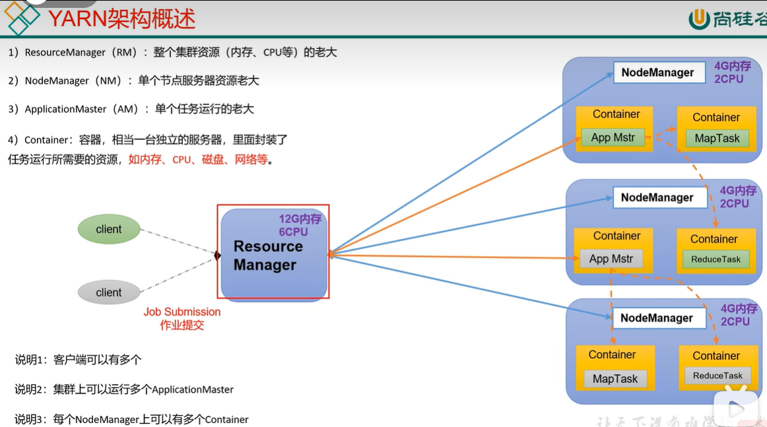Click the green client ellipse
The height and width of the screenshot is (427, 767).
click(109, 230)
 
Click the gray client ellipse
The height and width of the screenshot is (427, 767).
click(109, 292)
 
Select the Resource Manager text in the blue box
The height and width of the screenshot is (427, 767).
click(268, 255)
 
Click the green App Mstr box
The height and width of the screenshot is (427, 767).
click(613, 138)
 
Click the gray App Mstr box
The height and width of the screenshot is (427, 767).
click(611, 259)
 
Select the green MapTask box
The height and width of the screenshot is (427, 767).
click(717, 139)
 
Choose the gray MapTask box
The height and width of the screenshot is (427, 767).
click(615, 379)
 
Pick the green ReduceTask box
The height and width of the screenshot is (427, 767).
click(716, 259)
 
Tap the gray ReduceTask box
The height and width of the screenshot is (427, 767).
click(717, 376)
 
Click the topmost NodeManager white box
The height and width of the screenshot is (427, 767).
click(657, 73)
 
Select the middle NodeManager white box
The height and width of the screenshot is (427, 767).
click(657, 198)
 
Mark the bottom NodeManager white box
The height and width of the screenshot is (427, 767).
click(656, 318)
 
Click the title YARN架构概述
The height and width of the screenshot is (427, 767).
click(121, 18)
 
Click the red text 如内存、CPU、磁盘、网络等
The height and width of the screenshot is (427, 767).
click(198, 160)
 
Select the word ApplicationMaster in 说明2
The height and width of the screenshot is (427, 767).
click(193, 389)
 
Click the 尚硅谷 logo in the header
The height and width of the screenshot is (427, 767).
click(726, 18)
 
